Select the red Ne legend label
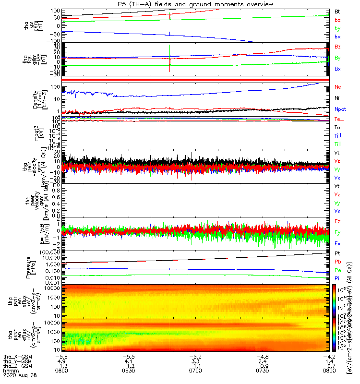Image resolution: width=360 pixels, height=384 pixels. click(337, 87)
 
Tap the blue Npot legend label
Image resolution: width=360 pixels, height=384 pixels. click(340, 109)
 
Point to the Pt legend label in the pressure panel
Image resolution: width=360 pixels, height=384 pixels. click(337, 253)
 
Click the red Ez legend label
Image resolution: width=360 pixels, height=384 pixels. click(337, 221)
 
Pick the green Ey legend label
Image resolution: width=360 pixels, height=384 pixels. click(337, 233)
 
